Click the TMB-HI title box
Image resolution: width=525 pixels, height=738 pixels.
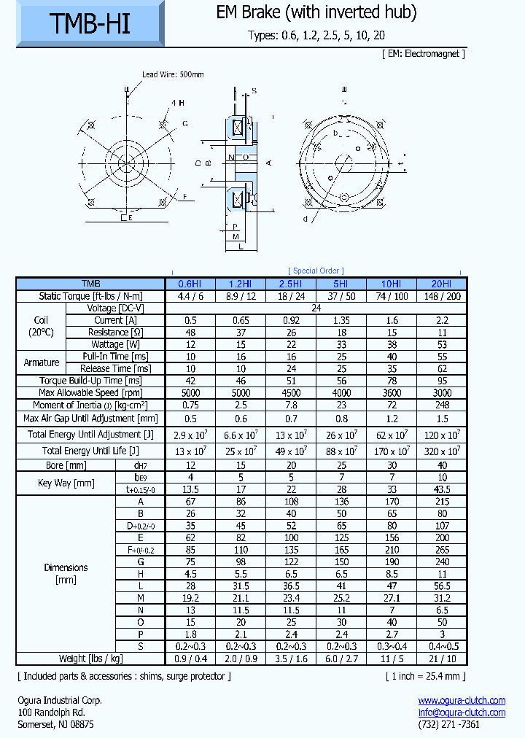(90, 26)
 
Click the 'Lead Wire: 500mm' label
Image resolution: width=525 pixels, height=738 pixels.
(173, 74)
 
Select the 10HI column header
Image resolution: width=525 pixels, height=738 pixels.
(391, 284)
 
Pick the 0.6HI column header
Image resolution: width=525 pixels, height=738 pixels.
(191, 284)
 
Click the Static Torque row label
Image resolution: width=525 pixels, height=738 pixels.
(90, 296)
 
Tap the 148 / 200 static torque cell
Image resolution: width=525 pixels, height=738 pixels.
(440, 296)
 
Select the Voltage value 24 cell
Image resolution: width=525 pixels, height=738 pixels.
(316, 308)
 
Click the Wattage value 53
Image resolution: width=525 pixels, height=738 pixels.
(440, 344)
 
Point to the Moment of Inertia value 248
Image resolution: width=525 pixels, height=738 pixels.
(440, 405)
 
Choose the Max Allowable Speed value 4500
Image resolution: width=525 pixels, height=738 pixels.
(291, 393)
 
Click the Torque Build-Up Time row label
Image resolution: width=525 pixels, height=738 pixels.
(90, 381)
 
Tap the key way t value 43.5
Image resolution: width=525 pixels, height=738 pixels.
(440, 489)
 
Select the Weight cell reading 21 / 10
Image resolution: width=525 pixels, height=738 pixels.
(440, 659)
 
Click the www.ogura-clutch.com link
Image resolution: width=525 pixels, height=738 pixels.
(462, 700)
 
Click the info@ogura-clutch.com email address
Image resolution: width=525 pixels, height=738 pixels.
(462, 712)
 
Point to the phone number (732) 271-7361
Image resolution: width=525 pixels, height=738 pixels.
(449, 724)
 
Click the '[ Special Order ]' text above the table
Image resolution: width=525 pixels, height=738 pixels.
(316, 271)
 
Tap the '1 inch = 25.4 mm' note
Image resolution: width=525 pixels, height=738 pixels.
(425, 676)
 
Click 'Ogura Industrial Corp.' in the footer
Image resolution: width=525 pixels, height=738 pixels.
(60, 700)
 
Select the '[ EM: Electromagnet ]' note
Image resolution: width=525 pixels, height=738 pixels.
(423, 54)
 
